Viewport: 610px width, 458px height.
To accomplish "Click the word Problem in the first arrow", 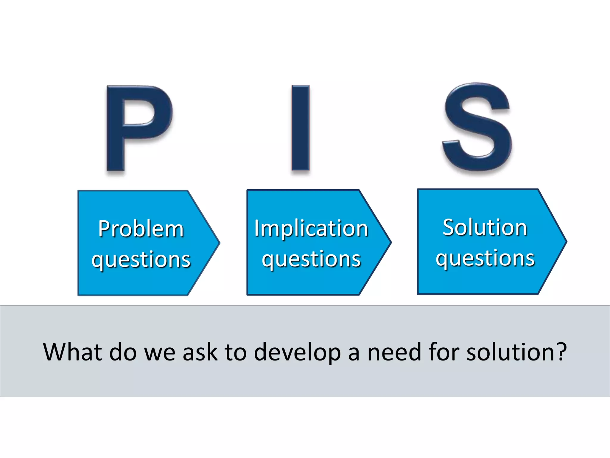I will tap(141, 229).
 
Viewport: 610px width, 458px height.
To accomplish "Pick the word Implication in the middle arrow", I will tap(311, 228).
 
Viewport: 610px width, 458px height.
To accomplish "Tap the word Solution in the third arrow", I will tap(485, 228).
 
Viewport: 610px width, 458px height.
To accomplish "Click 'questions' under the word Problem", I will tap(141, 259).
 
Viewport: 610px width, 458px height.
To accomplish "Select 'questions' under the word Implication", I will tap(311, 259).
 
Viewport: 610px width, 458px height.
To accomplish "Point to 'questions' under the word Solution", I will tap(485, 258).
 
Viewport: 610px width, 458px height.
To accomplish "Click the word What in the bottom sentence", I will tap(72, 352).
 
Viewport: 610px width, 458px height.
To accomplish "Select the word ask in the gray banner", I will tap(200, 352).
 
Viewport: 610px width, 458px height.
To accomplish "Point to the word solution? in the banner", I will tap(516, 352).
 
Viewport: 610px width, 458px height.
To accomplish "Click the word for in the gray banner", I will tap(444, 352).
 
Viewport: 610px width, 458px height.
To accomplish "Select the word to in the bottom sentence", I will tap(235, 352).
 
